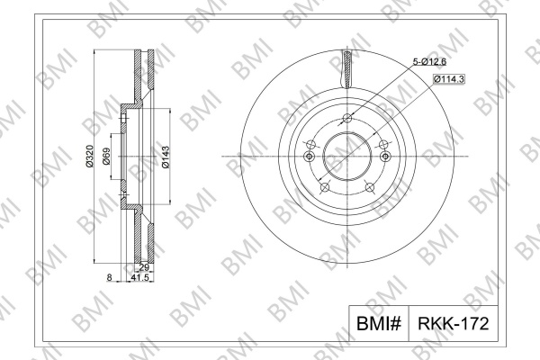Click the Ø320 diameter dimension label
89,157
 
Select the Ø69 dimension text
106,157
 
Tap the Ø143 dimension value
166,157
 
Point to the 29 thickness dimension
144,267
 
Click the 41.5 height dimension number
140,277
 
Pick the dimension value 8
109,277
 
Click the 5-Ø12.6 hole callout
429,62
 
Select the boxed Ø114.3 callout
449,79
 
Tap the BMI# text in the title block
379,323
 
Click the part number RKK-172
454,323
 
